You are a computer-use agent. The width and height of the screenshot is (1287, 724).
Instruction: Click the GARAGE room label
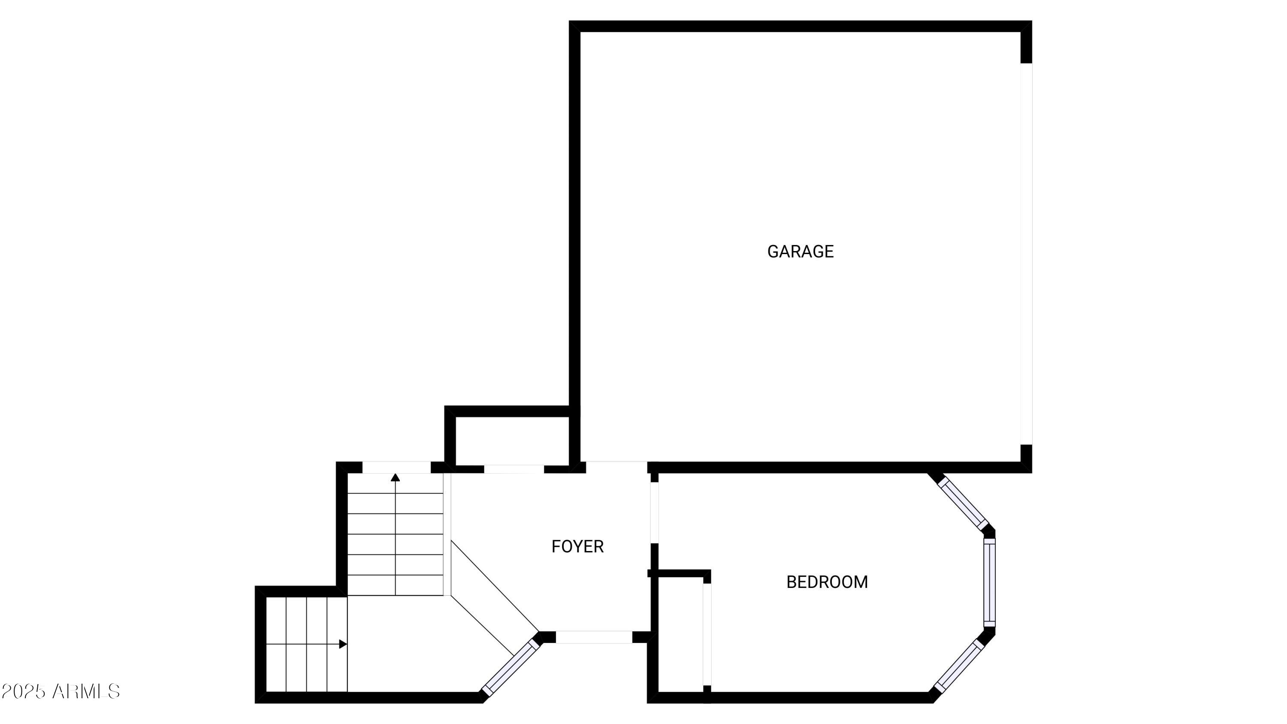click(800, 251)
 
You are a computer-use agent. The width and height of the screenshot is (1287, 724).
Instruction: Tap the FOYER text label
click(577, 547)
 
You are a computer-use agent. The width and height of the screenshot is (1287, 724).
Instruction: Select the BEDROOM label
click(827, 582)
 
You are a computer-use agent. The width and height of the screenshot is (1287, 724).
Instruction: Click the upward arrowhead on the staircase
click(395, 478)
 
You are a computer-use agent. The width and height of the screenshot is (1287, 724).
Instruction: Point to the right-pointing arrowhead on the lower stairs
click(343, 644)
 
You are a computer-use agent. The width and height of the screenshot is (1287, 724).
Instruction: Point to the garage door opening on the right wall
click(1026, 254)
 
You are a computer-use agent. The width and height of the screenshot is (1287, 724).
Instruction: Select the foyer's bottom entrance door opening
click(594, 637)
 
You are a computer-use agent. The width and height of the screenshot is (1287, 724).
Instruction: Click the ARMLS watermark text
click(86, 691)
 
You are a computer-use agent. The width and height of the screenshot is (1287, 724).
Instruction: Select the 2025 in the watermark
click(24, 691)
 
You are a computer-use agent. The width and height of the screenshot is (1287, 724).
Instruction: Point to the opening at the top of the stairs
click(396, 467)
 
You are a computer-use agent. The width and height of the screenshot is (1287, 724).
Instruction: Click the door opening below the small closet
click(514, 469)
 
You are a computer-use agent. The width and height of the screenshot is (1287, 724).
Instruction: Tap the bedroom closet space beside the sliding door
click(680, 635)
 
